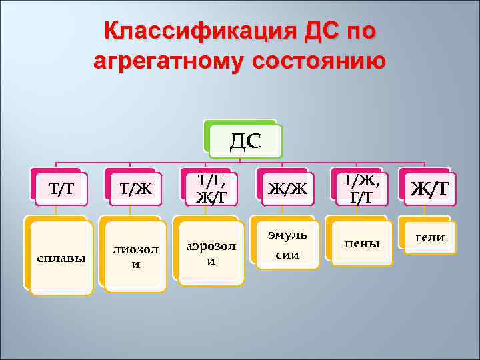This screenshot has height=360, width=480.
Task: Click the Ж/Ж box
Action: click(x=287, y=189)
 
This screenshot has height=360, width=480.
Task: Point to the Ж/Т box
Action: click(x=429, y=189)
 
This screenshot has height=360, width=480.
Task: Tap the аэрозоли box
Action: click(x=211, y=254)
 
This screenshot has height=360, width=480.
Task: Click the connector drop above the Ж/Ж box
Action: click(x=281, y=166)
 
